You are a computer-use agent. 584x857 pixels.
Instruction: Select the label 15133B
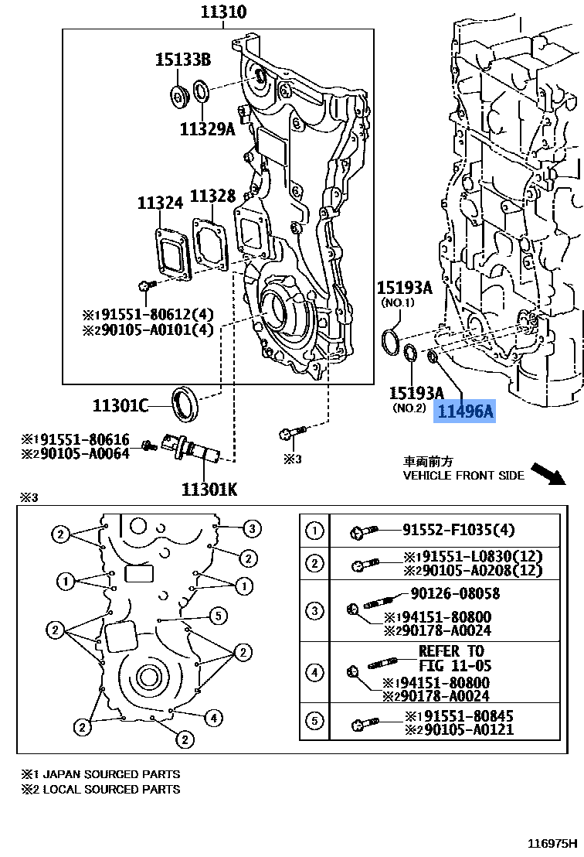click(x=182, y=60)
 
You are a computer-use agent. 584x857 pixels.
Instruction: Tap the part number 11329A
click(x=207, y=129)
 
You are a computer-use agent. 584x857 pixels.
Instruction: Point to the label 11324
click(x=161, y=203)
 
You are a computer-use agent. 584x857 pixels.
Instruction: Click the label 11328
click(x=212, y=196)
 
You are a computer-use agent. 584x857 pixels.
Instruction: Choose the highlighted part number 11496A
click(x=465, y=411)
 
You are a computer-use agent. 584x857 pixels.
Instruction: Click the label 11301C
click(x=119, y=405)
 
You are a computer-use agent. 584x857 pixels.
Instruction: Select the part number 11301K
click(x=209, y=488)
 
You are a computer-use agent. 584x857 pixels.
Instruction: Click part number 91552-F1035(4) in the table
click(x=458, y=530)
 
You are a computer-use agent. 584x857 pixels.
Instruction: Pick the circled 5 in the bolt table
click(x=314, y=722)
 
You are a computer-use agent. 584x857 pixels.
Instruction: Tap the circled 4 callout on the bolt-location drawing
click(x=214, y=718)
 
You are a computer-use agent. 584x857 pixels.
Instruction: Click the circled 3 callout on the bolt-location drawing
click(x=252, y=529)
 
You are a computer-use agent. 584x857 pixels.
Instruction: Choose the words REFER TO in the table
click(x=451, y=651)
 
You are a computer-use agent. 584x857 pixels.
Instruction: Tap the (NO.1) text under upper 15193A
click(x=397, y=302)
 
